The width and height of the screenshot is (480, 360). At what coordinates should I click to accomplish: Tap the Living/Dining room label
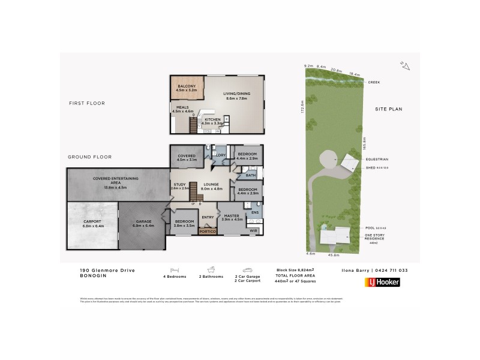click(236, 94)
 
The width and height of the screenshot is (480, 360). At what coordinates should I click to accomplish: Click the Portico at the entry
click(208, 231)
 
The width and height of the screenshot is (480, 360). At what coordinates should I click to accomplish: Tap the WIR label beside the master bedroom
click(252, 231)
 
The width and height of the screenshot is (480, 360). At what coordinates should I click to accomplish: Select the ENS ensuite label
click(254, 212)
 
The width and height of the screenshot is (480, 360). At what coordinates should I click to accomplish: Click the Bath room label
click(250, 175)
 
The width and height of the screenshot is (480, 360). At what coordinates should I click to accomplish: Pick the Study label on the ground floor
click(179, 185)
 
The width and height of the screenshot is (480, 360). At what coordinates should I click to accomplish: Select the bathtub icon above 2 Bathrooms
click(211, 271)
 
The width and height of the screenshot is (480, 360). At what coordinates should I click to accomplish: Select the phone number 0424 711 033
click(392, 271)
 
